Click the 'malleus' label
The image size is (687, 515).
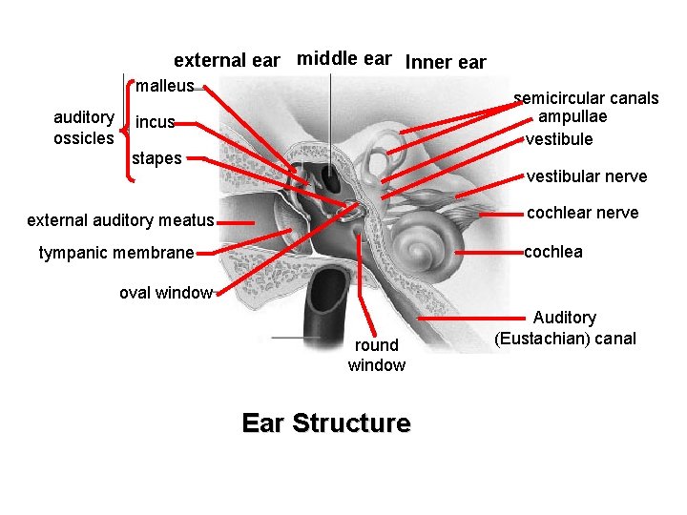[x=164, y=87]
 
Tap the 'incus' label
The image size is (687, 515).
[x=155, y=123]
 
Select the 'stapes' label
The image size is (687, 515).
[x=156, y=158]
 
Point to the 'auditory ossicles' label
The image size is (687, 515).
[x=84, y=128]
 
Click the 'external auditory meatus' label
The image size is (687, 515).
[x=120, y=221]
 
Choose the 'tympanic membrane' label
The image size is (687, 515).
[x=116, y=253]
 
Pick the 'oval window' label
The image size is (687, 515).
[x=165, y=293]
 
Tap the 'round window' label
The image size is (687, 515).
[x=376, y=355]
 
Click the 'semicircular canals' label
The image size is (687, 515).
[x=586, y=98]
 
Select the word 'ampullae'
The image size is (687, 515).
[x=572, y=116]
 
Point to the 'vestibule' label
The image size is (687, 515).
[x=559, y=139]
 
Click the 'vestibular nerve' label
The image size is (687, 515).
[x=587, y=176]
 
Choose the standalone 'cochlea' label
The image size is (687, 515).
[x=553, y=252]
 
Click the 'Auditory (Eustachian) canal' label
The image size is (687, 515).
[x=565, y=328]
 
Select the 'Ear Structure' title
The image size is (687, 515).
[x=326, y=422]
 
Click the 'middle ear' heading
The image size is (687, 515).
[x=343, y=58]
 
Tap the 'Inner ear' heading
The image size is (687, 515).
[x=446, y=63]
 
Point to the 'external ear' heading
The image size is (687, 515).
[x=226, y=61]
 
